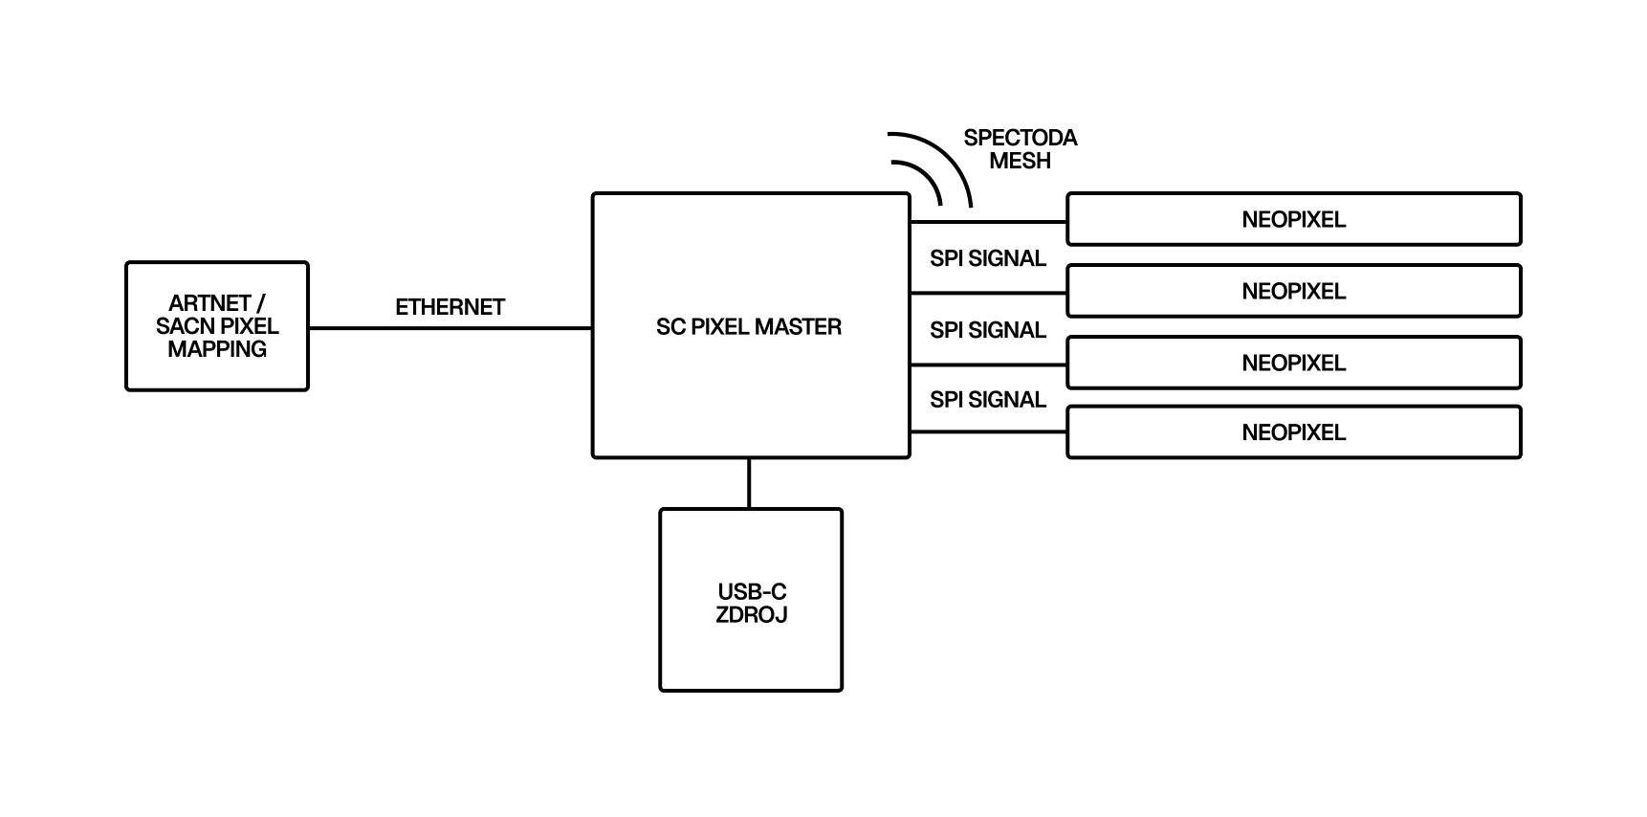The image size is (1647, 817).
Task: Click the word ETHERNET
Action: [x=450, y=307]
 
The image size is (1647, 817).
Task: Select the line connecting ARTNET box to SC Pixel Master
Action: [x=450, y=328]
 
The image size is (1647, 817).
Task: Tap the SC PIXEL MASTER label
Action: [x=748, y=327]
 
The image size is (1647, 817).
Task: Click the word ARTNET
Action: [x=209, y=303]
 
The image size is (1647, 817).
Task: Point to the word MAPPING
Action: [x=217, y=349]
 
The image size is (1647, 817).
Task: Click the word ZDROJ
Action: [x=752, y=615]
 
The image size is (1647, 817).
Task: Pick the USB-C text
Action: [x=752, y=592]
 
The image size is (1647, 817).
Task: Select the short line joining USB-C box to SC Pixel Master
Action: [x=749, y=483]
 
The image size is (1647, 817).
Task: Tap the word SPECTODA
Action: [x=1020, y=138]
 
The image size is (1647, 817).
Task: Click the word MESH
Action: [x=1020, y=161]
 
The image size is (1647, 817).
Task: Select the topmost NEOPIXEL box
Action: [x=1293, y=219]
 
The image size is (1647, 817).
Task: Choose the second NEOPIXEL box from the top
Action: [x=1293, y=291]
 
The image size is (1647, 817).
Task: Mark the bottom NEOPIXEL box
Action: [x=1293, y=432]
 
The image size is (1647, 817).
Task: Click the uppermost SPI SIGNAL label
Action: [x=988, y=258]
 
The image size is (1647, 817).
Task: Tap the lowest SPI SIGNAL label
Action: [x=988, y=400]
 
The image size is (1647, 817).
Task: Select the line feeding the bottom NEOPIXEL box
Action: [x=988, y=432]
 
